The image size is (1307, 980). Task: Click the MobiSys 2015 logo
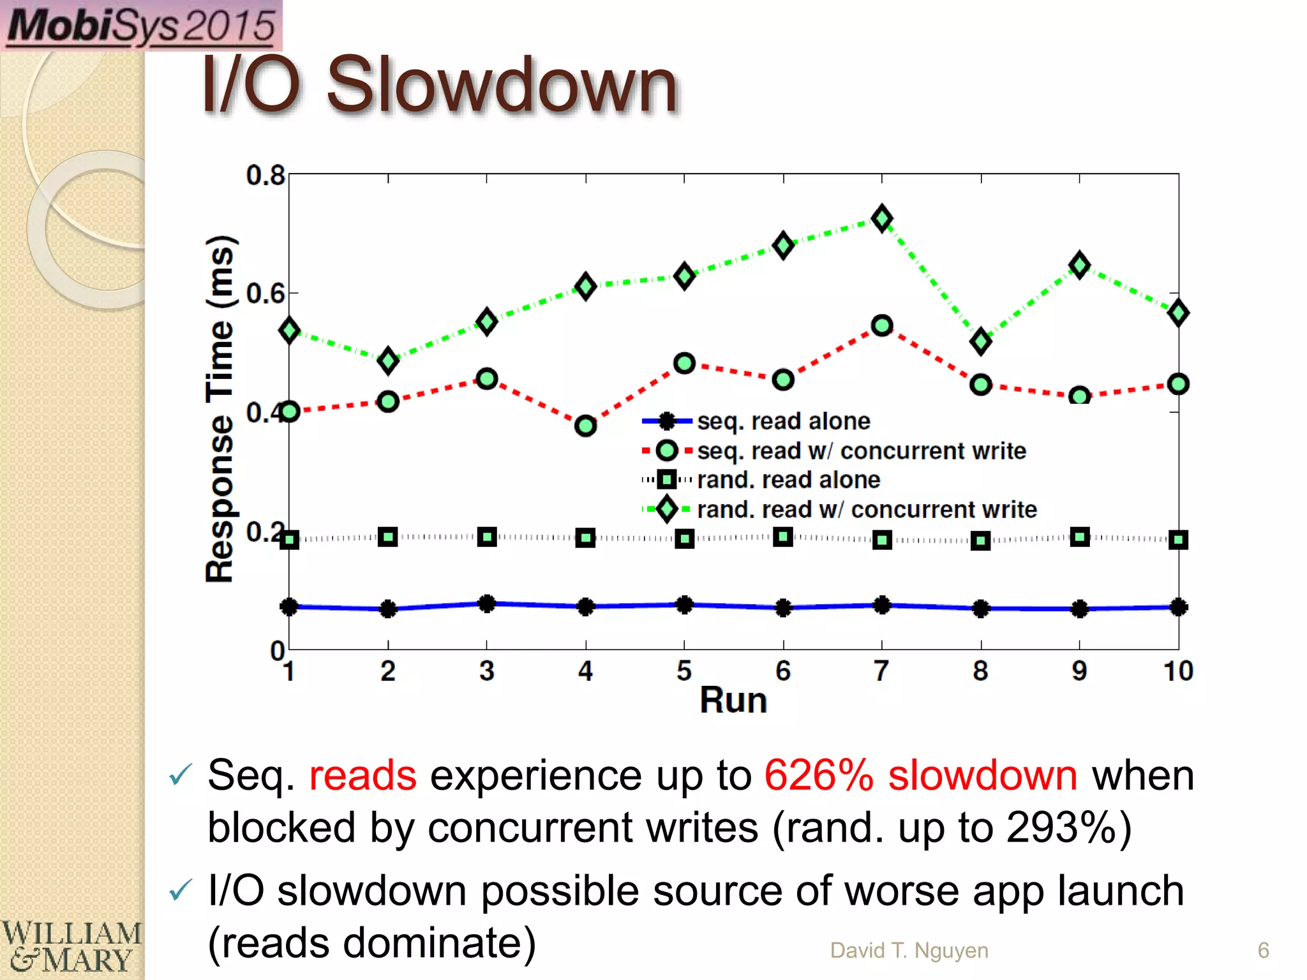(x=141, y=26)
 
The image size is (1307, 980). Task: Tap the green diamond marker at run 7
(x=882, y=219)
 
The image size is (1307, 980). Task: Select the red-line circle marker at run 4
(x=585, y=426)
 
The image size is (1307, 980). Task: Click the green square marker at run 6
(x=783, y=537)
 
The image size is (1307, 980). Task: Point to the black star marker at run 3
(x=487, y=604)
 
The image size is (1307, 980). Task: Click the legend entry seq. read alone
(x=783, y=421)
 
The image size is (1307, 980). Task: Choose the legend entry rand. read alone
(x=788, y=480)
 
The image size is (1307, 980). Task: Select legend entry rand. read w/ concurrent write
(x=866, y=509)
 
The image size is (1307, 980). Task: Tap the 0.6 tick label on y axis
(x=265, y=293)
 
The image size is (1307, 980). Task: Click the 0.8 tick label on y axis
(x=265, y=175)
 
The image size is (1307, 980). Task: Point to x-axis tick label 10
(x=1177, y=671)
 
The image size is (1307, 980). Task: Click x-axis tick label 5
(x=684, y=671)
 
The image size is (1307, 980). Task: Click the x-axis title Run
(x=733, y=701)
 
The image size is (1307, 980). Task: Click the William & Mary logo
(x=71, y=947)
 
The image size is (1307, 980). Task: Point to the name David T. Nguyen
(x=909, y=951)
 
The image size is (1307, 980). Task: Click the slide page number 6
(x=1263, y=951)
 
